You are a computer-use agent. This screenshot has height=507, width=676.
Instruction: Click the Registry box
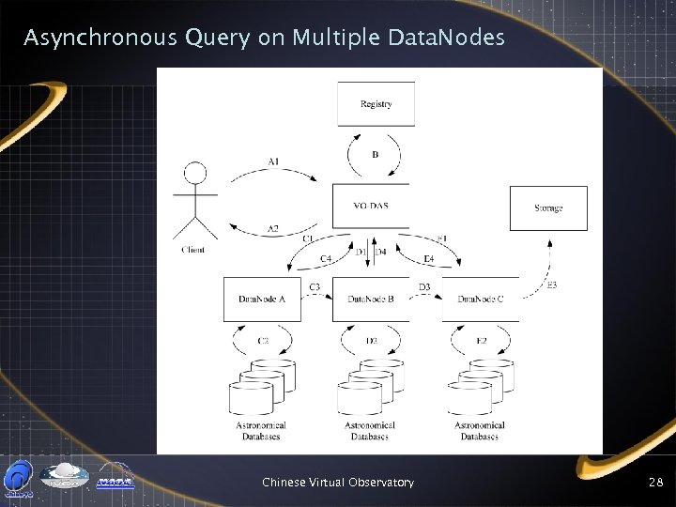coord(376,104)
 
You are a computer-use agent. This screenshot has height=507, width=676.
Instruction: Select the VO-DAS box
coord(372,207)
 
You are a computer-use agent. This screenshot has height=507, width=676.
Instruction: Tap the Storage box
coord(548,208)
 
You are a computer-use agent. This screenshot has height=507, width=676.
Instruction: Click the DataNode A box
coord(262,300)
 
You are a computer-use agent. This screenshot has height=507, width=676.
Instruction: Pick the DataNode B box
coord(371,300)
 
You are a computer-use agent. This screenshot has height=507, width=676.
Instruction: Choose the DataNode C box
coord(480,300)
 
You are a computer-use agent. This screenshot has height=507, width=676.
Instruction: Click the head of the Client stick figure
coord(194,173)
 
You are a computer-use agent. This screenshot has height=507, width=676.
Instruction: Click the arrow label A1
coord(272,161)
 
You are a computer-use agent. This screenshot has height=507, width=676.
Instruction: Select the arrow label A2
coord(272,228)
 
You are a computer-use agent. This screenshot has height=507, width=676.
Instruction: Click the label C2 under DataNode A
coord(264,340)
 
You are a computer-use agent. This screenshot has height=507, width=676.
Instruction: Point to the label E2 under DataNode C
coord(481,340)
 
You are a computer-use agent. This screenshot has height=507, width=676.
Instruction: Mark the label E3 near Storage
coord(551,284)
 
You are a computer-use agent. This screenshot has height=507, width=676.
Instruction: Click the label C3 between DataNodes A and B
coord(315,285)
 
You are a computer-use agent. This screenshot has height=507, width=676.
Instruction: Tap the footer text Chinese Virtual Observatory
coord(338,482)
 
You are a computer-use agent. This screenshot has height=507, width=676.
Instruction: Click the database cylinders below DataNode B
coord(371,383)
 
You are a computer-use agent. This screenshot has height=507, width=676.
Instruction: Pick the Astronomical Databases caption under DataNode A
coord(262,431)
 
